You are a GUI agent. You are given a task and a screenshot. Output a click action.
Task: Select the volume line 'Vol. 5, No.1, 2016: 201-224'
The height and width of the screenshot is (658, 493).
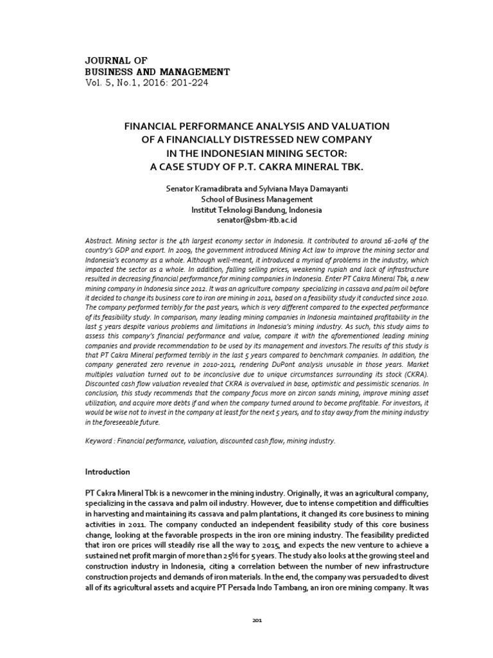click(x=147, y=82)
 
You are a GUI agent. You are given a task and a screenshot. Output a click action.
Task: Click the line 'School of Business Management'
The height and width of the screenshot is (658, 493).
click(x=246, y=199)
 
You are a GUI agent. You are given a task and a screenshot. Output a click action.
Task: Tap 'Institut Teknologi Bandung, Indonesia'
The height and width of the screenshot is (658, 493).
click(x=246, y=209)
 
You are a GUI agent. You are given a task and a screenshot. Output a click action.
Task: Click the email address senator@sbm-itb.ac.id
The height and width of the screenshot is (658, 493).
click(x=246, y=220)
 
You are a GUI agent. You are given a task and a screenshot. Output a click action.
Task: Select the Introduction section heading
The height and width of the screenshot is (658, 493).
click(x=108, y=472)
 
